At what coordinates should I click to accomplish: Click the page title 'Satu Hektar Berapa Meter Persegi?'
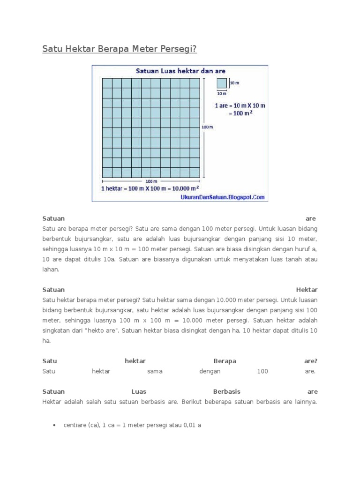pos(120,49)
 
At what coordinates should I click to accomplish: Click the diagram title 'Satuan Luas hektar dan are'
pos(180,71)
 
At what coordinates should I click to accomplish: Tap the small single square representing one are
pos(222,83)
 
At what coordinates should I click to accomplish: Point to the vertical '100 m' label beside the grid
pos(207,127)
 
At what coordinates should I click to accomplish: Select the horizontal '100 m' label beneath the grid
pos(151,181)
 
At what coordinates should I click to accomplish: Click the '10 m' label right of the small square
pos(234,83)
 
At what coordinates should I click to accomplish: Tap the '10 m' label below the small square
pos(222,93)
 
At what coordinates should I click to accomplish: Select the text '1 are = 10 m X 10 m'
pos(240,105)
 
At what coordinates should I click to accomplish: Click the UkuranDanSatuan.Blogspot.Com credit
pos(222,197)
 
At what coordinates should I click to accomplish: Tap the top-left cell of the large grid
pos(107,82)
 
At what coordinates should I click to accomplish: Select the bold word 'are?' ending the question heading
pos(310,361)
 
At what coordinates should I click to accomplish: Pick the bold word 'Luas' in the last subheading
pos(139,391)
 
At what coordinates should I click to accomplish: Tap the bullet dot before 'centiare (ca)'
pos(54,425)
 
